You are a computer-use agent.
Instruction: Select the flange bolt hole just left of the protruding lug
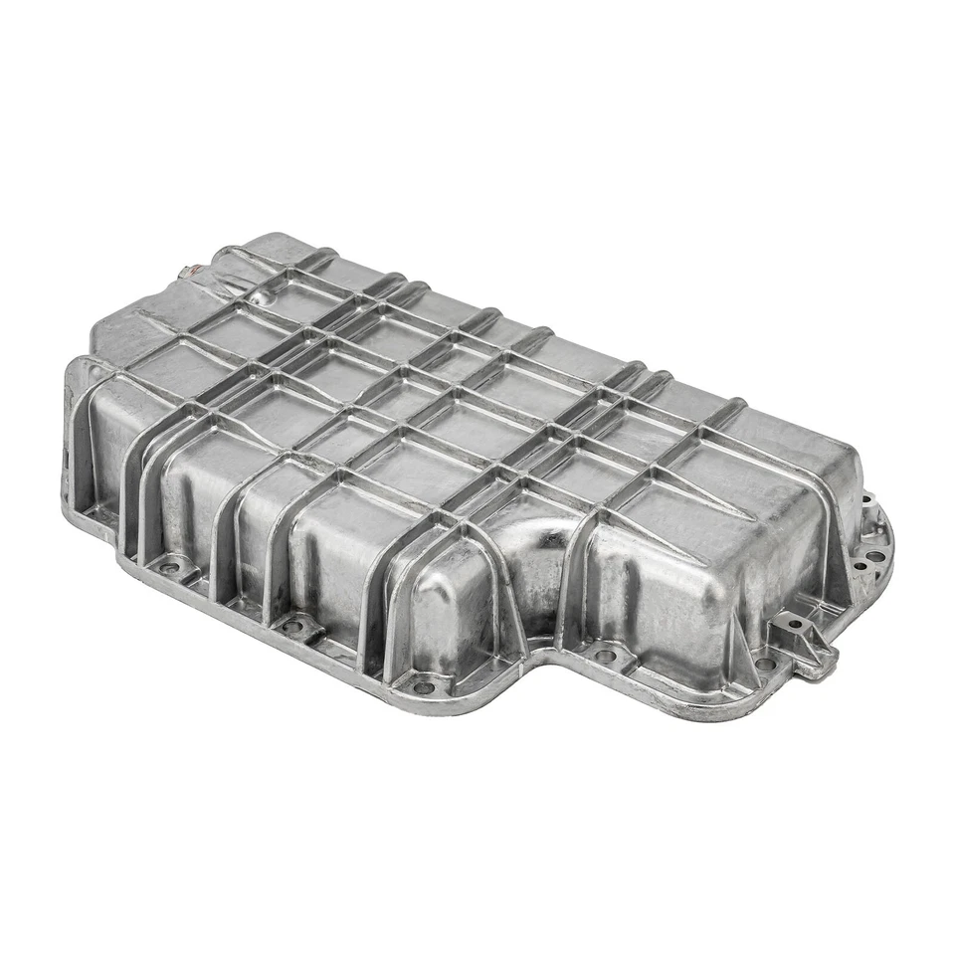(763, 663)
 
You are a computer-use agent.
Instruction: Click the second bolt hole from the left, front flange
(291, 626)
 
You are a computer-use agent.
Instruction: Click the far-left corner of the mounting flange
(70, 497)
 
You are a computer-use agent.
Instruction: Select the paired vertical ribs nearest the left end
(139, 487)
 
